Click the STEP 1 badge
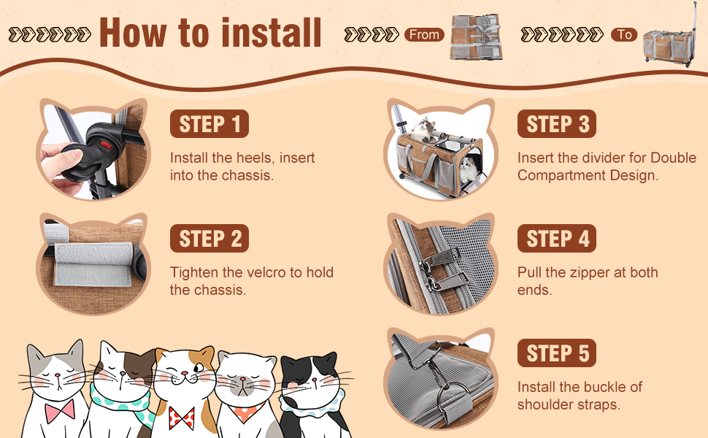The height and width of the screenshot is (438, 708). click(x=209, y=123)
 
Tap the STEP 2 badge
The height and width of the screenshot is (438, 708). click(x=209, y=239)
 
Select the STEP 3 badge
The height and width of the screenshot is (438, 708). click(x=557, y=123)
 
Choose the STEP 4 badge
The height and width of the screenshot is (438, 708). click(x=557, y=239)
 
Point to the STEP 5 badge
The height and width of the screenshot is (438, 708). click(x=557, y=353)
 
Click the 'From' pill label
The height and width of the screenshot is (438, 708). click(x=425, y=35)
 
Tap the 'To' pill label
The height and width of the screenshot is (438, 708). click(x=624, y=35)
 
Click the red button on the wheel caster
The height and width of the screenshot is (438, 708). click(x=106, y=145)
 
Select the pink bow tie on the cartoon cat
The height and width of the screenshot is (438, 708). click(x=60, y=410)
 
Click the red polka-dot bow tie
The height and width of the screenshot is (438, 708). click(x=182, y=418)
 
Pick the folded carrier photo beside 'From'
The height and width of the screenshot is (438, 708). click(x=477, y=37)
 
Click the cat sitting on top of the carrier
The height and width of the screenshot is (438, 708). click(x=423, y=129)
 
